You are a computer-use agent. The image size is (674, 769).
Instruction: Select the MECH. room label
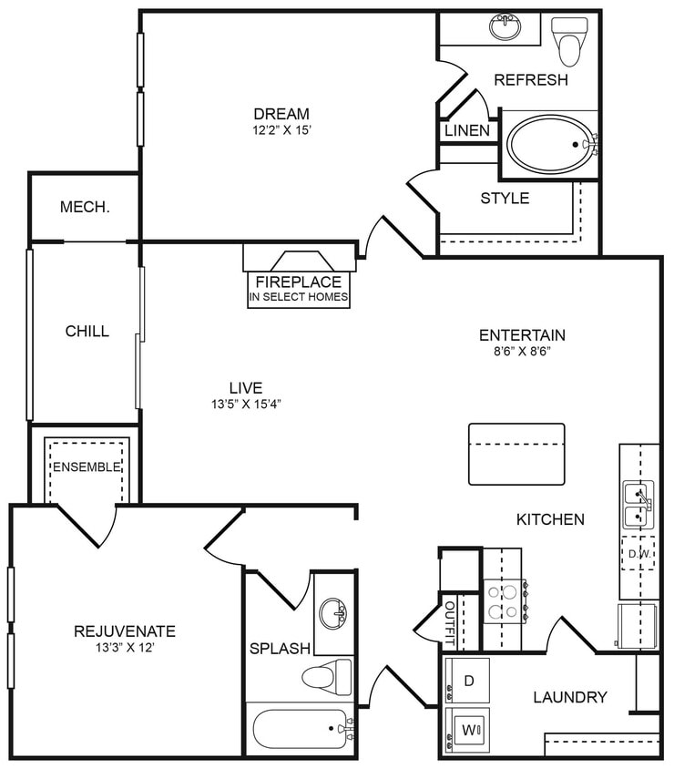coord(85,207)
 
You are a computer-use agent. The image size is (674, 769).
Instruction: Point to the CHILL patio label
coord(87,331)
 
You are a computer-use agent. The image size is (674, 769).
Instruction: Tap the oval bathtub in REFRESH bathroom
coord(548,144)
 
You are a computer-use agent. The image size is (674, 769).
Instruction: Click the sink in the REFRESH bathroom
coord(505,27)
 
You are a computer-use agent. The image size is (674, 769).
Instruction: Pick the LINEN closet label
coord(467,131)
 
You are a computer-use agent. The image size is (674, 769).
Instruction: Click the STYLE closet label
coord(505,198)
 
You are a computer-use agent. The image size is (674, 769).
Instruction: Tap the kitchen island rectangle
coord(516,454)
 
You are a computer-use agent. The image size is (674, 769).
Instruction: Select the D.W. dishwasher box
coord(638,552)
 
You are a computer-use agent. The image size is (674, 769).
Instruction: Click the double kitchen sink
coord(638,505)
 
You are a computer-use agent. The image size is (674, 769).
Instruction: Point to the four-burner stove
coord(502,600)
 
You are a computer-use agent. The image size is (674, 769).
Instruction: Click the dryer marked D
coord(467,680)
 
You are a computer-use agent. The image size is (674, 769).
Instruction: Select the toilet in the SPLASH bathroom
coord(327,677)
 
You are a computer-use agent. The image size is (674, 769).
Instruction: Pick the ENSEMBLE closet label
coord(87,467)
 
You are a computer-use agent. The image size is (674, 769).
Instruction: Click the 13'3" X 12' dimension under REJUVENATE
coord(125,648)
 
